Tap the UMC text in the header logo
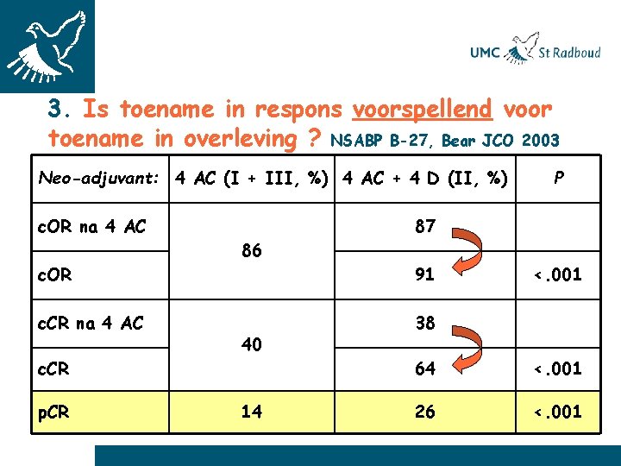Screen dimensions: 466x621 (x=485, y=54)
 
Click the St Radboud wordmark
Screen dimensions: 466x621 (x=569, y=53)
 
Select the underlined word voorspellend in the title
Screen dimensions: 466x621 (x=423, y=110)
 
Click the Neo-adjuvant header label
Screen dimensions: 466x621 (x=99, y=179)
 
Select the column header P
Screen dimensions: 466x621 (x=559, y=178)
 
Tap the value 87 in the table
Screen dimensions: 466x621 (x=424, y=226)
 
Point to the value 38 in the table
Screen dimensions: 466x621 (x=424, y=323)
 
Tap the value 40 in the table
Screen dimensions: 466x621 (x=251, y=345)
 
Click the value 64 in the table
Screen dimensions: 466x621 (x=424, y=369)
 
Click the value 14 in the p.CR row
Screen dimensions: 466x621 (x=251, y=412)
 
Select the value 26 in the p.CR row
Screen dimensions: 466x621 (x=424, y=412)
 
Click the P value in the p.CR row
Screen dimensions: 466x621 (x=557, y=412)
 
